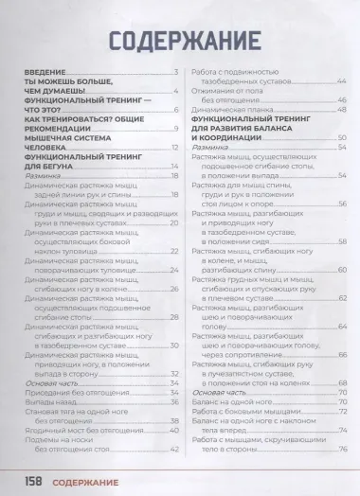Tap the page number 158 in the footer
[38, 480]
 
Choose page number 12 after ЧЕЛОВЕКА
[174, 149]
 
